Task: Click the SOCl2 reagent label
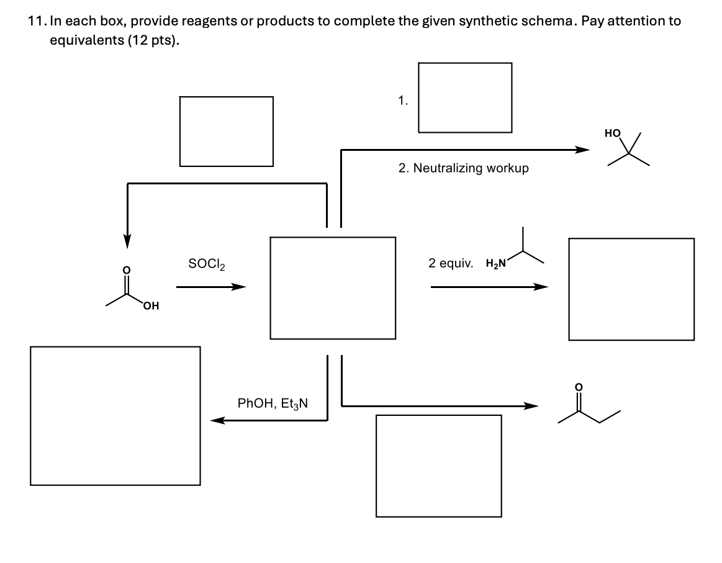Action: pos(207,263)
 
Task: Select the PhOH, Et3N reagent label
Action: pos(274,403)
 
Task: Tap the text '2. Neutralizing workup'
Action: pos(463,168)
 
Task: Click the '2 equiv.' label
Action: pos(449,263)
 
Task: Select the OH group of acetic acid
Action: pos(150,305)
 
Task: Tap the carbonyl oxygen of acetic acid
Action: pos(127,270)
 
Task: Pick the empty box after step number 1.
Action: pos(465,97)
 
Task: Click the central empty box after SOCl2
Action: pos(333,287)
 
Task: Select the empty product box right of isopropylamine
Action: pos(631,289)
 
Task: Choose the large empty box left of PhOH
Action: pos(115,415)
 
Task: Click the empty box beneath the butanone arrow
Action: pos(439,466)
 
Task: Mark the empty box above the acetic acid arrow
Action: pos(227,131)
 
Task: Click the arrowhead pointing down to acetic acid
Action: pos(127,240)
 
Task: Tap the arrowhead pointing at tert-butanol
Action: pos(581,150)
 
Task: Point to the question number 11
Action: pos(36,20)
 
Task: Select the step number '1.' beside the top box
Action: pos(404,99)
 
